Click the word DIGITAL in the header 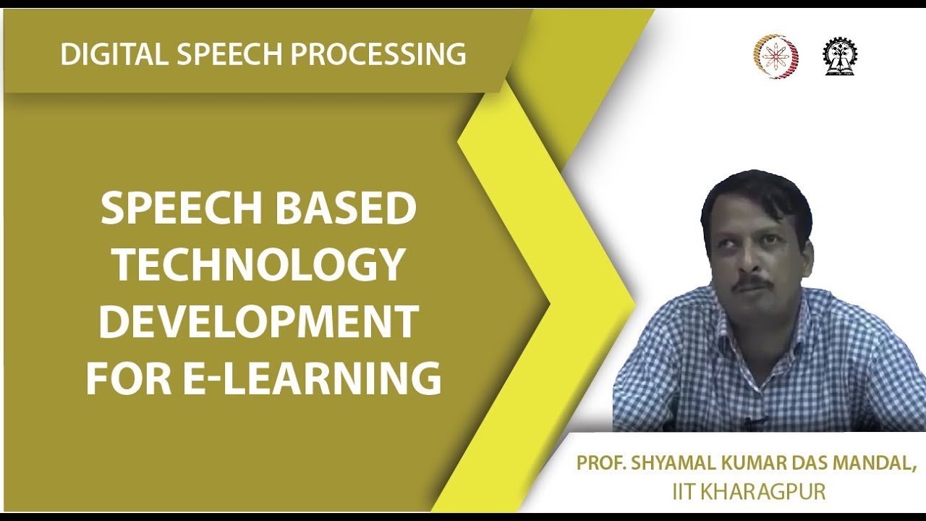[107, 54]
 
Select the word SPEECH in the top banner [217, 54]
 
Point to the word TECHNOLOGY [258, 265]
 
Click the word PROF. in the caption [601, 463]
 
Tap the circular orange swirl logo [776, 56]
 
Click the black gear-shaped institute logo [839, 56]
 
